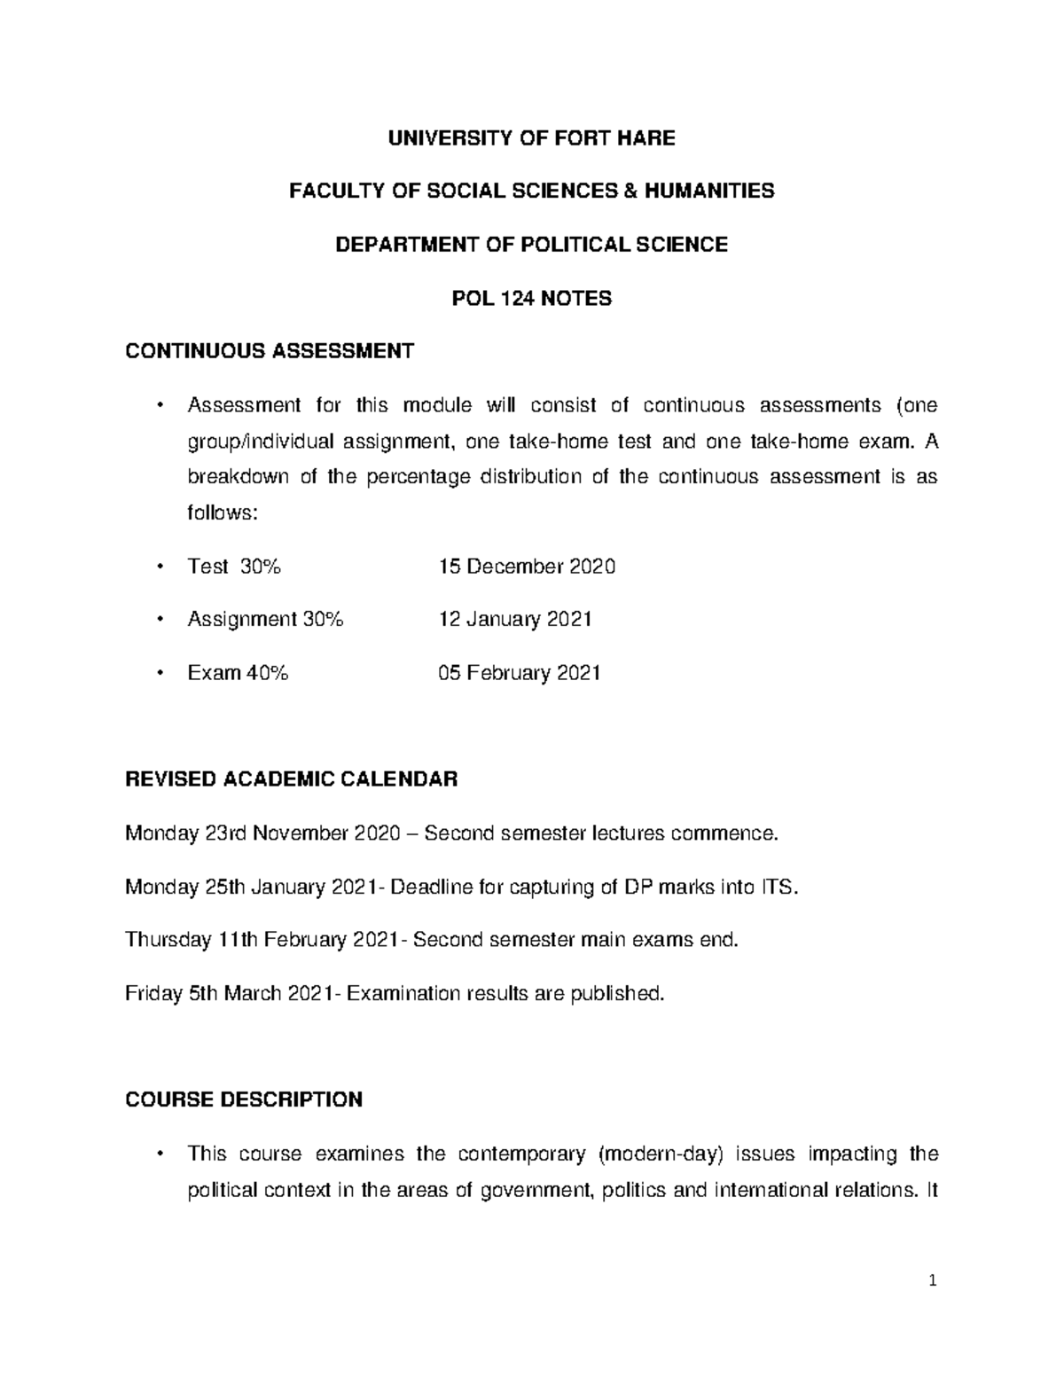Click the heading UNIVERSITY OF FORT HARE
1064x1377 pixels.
[x=531, y=137]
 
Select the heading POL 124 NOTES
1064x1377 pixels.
[x=531, y=298]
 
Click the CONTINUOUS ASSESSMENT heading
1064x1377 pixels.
[x=270, y=351]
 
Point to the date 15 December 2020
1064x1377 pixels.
[x=527, y=566]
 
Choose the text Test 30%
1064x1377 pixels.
[x=234, y=566]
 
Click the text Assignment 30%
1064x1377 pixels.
[x=264, y=619]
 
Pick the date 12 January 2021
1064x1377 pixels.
[x=515, y=619]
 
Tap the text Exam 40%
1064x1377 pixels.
[x=238, y=673]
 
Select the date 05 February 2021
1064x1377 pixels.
[x=520, y=673]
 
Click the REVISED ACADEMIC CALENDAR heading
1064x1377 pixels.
[x=292, y=779]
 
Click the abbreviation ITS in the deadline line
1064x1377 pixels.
[x=778, y=887]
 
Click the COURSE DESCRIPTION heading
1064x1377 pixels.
[x=244, y=1100]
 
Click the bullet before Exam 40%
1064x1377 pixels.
[x=160, y=673]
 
